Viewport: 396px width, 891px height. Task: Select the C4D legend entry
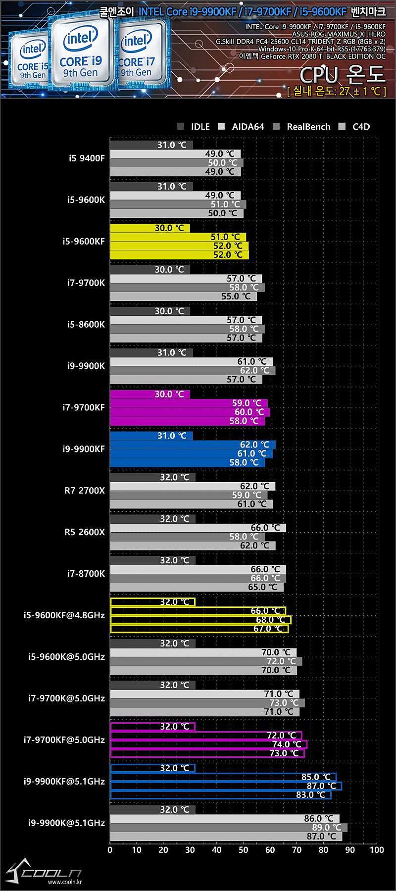pos(355,127)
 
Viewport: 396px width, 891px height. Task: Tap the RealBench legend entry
pos(302,127)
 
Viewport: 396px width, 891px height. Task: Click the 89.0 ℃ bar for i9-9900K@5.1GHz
pos(228,828)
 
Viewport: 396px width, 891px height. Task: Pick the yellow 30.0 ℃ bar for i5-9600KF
pos(149,228)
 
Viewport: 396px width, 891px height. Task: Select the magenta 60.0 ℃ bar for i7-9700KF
pos(190,412)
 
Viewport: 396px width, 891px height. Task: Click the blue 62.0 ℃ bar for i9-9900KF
pos(193,445)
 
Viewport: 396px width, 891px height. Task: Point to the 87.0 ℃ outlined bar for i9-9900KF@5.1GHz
pos(226,786)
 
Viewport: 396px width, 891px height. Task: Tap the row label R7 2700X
pos(85,491)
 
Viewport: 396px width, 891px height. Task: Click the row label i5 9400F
pos(87,158)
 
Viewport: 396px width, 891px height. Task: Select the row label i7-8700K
pos(86,574)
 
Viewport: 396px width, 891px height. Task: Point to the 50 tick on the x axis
pos(243,850)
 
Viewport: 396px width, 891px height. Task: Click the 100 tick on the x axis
pos(377,850)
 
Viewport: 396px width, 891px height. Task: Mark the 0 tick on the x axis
pos(110,850)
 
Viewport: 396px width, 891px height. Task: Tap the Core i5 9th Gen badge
pos(32,62)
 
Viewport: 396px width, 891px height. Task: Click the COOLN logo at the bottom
pos(45,872)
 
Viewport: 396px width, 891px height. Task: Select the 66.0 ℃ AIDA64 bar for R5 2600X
pos(198,528)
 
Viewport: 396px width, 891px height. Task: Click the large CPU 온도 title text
pos(342,75)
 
